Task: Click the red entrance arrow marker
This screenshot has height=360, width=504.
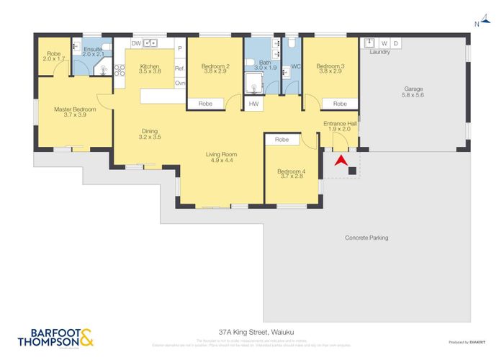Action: (x=339, y=163)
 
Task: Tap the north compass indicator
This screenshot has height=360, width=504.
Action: (x=477, y=24)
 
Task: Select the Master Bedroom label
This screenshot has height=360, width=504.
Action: (x=75, y=112)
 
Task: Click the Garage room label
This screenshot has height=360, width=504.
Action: (x=413, y=92)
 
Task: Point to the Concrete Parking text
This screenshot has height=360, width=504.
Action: (x=366, y=238)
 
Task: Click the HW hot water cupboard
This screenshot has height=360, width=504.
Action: (x=253, y=104)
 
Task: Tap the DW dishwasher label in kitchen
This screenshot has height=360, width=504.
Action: (x=135, y=43)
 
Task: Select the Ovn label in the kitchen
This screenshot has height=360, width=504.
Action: (x=179, y=83)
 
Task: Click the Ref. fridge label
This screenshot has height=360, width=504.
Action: (x=179, y=68)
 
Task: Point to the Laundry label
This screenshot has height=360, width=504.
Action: (x=379, y=52)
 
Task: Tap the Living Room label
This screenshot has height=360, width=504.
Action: (x=222, y=158)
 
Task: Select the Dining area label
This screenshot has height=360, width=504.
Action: (x=150, y=134)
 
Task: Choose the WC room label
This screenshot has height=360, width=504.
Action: (x=294, y=67)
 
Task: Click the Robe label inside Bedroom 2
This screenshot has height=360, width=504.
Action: (x=205, y=104)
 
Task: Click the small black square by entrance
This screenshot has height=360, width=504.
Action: (x=352, y=170)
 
